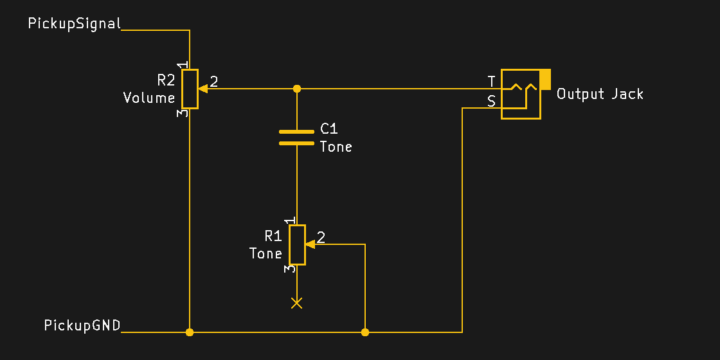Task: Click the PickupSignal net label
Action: tap(75, 24)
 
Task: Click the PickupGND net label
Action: tap(82, 325)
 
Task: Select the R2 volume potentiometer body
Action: tap(190, 89)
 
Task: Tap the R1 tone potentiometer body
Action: tap(297, 244)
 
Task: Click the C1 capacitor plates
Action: tap(296, 137)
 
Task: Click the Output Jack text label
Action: tap(600, 94)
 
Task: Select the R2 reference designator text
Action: tap(166, 80)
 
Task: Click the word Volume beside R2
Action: tap(149, 98)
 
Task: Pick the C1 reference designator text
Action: tap(329, 129)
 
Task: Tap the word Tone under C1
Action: tap(336, 147)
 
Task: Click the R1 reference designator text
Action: tap(273, 236)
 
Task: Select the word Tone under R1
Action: tap(265, 254)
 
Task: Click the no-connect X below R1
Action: tap(296, 303)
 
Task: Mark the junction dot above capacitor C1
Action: tap(296, 88)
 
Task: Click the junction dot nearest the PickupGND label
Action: tap(190, 332)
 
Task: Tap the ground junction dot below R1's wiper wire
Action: tap(365, 332)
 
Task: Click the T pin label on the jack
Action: tap(492, 82)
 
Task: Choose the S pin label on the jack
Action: tap(492, 101)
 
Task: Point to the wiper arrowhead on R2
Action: tap(202, 88)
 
